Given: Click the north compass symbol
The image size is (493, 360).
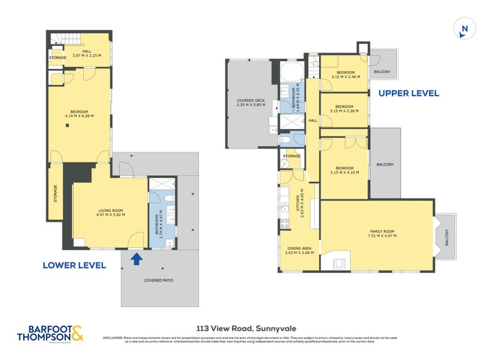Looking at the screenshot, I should click(465, 28).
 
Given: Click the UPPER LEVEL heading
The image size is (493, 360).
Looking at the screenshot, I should click(409, 94).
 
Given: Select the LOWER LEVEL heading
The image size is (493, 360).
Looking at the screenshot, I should click(74, 265).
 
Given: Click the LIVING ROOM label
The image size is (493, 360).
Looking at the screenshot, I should click(111, 213).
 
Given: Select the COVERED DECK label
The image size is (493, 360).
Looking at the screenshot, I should click(251, 102).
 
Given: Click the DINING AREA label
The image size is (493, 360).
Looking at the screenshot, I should click(299, 250).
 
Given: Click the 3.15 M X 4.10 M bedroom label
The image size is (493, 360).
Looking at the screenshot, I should click(344, 170).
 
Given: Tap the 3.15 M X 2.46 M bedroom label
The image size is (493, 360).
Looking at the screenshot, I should click(344, 75).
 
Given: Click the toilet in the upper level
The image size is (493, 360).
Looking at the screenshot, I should click(285, 141).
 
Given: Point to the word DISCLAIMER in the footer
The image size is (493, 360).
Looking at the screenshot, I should click(114, 337).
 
